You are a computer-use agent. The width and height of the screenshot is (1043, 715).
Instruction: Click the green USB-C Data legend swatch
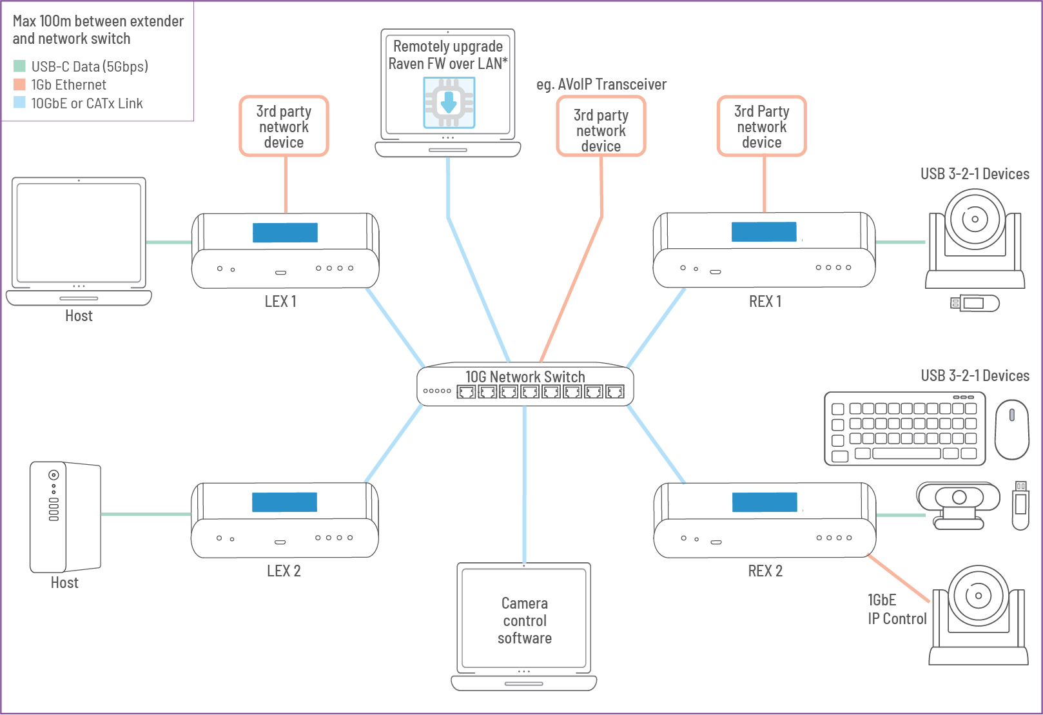(19, 66)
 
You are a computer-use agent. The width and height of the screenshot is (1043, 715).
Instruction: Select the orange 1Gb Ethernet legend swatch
(19, 84)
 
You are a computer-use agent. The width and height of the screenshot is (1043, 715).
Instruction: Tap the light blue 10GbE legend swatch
(19, 103)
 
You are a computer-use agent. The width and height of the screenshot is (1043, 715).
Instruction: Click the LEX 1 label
(280, 302)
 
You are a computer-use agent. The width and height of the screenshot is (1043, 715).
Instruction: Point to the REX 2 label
(765, 571)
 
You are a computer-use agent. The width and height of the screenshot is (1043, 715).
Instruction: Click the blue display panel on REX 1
(764, 231)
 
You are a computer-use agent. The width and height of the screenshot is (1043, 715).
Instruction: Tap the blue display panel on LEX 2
(284, 502)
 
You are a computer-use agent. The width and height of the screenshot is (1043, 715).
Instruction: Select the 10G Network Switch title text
(525, 377)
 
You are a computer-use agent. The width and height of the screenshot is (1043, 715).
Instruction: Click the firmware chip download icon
(449, 103)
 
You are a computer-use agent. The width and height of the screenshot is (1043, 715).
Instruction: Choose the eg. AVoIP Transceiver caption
(601, 84)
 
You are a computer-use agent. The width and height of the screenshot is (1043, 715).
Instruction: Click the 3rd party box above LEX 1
(284, 126)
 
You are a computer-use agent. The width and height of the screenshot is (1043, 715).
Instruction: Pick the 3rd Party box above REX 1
(761, 126)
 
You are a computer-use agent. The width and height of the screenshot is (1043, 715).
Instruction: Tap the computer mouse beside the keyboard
(1011, 429)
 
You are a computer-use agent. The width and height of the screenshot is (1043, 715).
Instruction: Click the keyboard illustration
(904, 429)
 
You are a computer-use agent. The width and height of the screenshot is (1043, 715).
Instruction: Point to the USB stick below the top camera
(975, 303)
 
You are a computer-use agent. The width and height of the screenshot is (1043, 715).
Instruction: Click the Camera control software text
(525, 620)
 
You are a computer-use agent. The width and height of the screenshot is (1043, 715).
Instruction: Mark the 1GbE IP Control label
(897, 609)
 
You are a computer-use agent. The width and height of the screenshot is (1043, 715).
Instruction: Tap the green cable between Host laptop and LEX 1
(169, 242)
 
